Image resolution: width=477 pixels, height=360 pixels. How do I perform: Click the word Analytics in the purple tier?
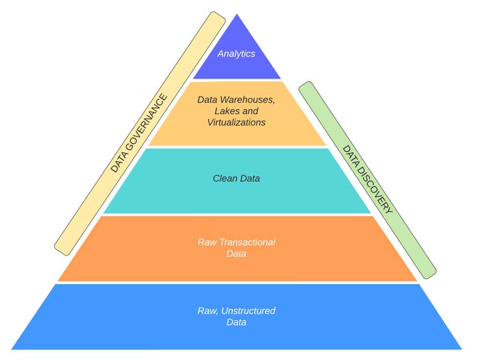[237, 54]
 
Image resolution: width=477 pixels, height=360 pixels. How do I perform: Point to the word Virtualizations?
[237, 122]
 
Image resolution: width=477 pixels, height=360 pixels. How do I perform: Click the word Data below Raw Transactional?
[237, 254]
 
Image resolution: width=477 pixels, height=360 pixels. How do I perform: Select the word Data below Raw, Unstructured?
[237, 322]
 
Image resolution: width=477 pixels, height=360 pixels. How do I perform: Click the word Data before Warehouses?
[207, 99]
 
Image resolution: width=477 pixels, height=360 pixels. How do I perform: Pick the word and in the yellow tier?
[250, 111]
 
